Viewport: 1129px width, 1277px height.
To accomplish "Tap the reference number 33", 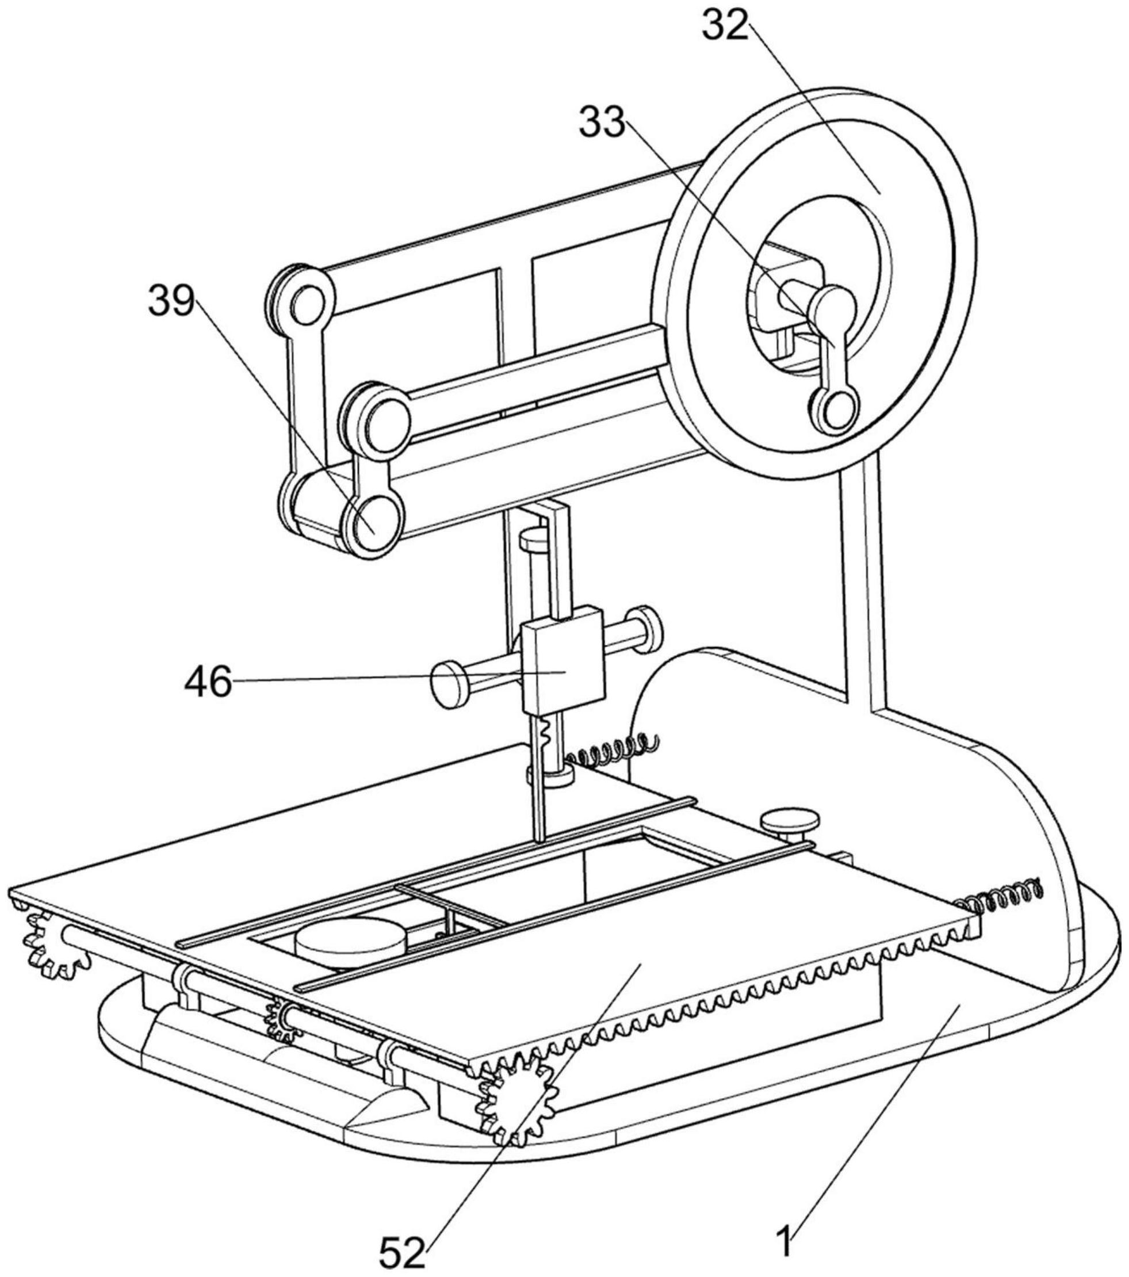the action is point(602,121).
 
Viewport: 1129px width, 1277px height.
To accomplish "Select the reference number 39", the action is point(171,301).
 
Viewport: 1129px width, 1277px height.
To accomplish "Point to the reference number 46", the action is point(208,681).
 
